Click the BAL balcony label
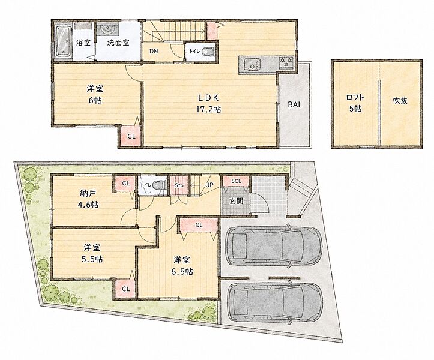295,104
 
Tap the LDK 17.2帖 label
208,103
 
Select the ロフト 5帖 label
355,103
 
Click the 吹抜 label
400,100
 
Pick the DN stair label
154,51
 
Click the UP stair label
209,184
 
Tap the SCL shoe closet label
236,181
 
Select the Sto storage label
179,185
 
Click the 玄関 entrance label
236,200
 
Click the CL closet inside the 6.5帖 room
199,225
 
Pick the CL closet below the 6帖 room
131,136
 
